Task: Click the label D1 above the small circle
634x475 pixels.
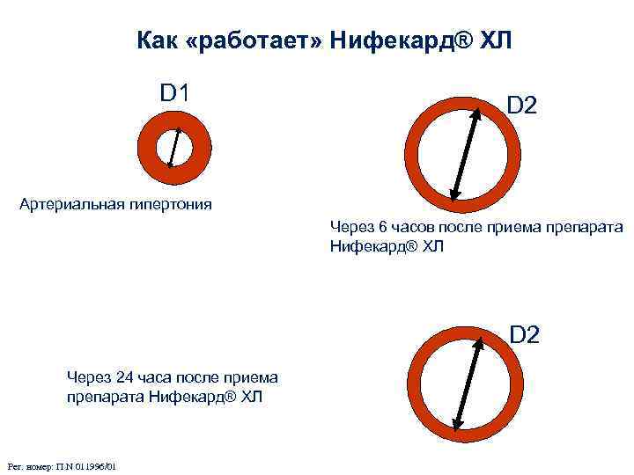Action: pos(177,92)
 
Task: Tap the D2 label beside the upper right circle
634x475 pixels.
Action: pos(521,106)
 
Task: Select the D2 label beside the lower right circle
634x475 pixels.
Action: pos(525,334)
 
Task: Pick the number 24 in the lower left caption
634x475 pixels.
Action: pos(123,377)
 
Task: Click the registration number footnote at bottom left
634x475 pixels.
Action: pos(62,465)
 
